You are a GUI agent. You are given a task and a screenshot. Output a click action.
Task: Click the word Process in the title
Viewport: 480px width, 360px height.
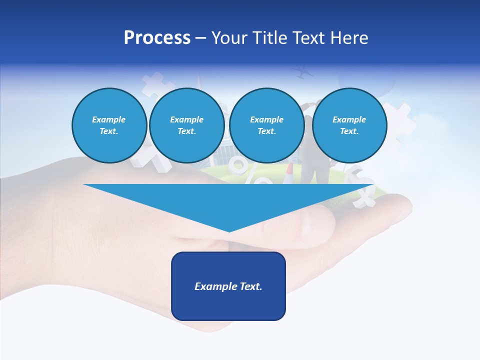[157, 38]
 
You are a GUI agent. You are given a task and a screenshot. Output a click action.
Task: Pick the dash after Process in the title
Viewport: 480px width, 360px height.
[201, 38]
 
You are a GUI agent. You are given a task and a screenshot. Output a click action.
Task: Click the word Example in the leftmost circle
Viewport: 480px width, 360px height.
[108, 119]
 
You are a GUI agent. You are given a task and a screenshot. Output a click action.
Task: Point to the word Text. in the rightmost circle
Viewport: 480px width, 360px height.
[349, 131]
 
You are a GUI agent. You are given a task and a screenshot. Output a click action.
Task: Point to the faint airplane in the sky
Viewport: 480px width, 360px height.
[303, 72]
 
